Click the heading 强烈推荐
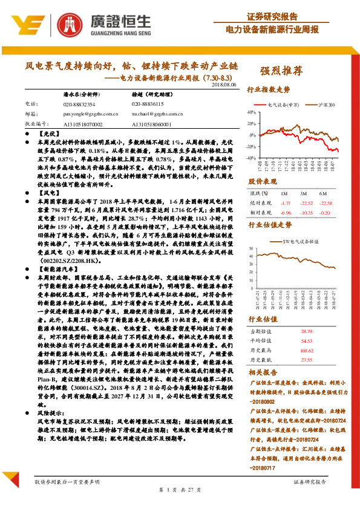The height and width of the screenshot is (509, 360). click(281, 71)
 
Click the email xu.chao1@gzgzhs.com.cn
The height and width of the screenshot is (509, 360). click(158, 113)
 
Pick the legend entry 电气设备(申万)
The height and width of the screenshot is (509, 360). click(279, 105)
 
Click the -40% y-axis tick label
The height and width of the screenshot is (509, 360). click(251, 158)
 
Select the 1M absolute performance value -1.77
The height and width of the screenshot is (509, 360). click(286, 203)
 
